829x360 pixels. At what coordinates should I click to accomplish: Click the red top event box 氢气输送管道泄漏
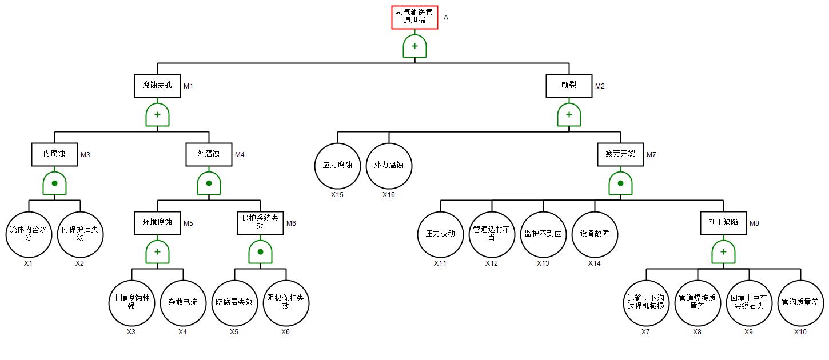click(x=414, y=17)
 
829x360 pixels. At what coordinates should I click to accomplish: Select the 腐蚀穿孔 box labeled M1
click(x=157, y=86)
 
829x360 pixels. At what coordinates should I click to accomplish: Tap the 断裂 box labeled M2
click(x=569, y=86)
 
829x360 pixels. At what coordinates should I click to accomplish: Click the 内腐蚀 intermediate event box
click(x=54, y=154)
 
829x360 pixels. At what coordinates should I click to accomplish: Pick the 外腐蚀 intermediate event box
click(x=209, y=154)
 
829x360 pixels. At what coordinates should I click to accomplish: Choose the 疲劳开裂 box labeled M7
click(x=620, y=154)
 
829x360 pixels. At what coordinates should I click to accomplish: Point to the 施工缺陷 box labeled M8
click(x=723, y=223)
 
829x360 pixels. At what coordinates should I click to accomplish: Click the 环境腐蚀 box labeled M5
click(x=157, y=223)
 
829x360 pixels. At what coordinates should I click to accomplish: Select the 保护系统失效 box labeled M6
click(x=260, y=223)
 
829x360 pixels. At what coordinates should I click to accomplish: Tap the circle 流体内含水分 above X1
click(x=29, y=234)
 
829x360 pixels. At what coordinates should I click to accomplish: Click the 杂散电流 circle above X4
click(x=183, y=302)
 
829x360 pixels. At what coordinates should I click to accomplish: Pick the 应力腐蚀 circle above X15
click(x=337, y=165)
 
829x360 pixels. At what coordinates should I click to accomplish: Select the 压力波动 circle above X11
click(x=440, y=234)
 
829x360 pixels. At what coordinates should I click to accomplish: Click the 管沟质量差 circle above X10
click(x=800, y=302)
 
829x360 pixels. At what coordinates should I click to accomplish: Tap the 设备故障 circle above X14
click(x=595, y=234)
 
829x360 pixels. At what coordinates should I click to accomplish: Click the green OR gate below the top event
click(x=414, y=46)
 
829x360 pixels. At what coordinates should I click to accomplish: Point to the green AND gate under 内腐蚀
click(x=54, y=183)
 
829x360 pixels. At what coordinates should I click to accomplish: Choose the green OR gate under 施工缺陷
click(x=723, y=252)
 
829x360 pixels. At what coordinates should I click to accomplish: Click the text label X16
click(x=389, y=195)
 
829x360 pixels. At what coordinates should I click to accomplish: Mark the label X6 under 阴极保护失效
click(x=286, y=332)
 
